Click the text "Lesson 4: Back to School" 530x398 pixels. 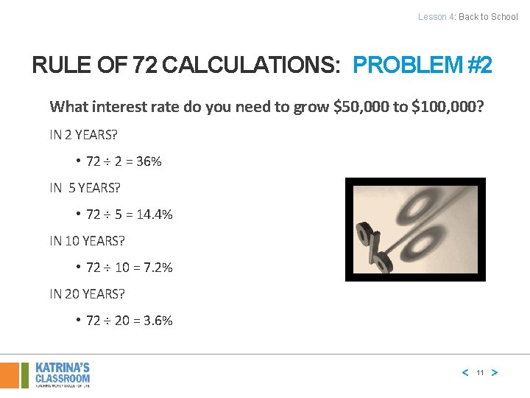(x=467, y=16)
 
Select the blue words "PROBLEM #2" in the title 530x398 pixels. (x=423, y=66)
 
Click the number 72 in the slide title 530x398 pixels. (x=144, y=66)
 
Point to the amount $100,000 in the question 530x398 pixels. (x=448, y=107)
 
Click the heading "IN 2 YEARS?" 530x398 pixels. (x=84, y=135)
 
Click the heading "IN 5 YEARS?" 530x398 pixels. (x=85, y=188)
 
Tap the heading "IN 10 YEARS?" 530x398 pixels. (x=87, y=241)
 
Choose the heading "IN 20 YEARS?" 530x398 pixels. (x=87, y=294)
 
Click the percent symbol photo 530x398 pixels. (x=415, y=229)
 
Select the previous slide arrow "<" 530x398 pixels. (x=464, y=373)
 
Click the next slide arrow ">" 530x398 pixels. (x=494, y=373)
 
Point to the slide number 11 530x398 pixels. (x=479, y=373)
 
